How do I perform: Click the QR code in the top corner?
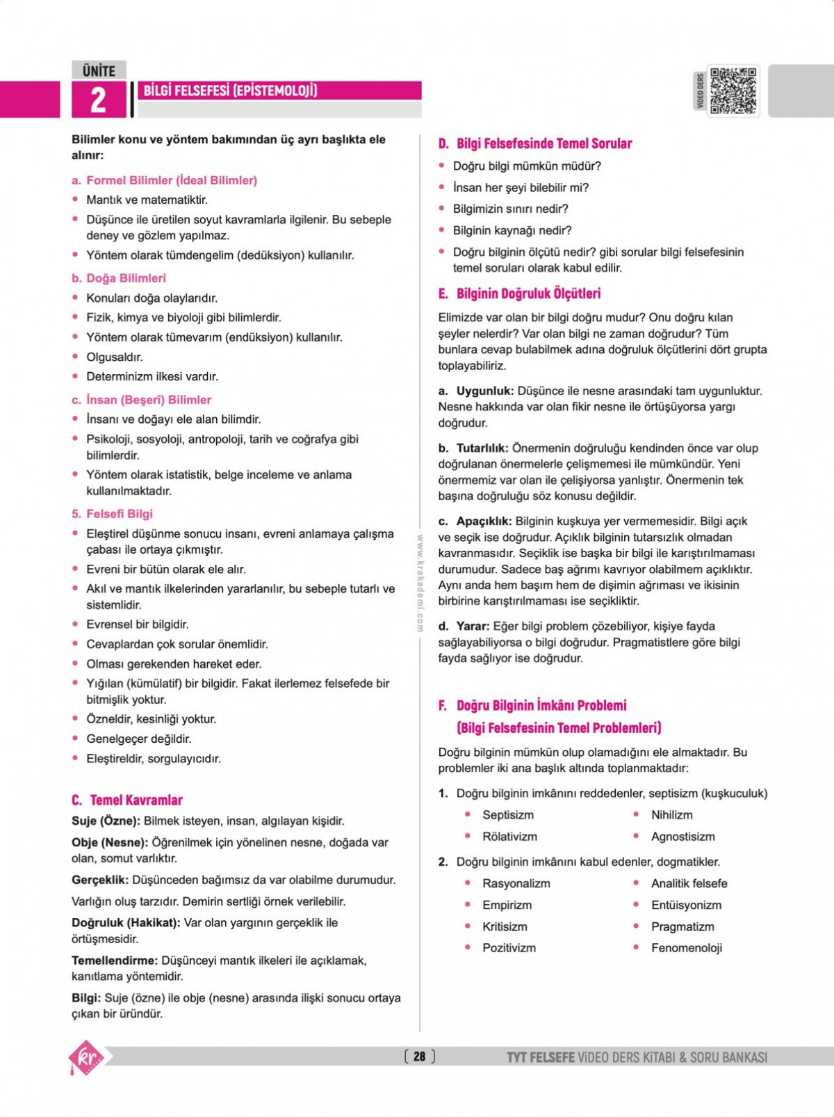tap(733, 90)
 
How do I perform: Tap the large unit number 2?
tap(98, 100)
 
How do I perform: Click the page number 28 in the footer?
tap(419, 1056)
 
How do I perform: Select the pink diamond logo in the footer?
tap(86, 1057)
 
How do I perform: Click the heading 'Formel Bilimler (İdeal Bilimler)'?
tap(171, 180)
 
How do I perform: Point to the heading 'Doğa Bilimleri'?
tap(126, 278)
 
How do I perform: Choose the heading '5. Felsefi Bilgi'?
tap(112, 514)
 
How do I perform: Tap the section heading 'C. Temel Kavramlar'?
tap(127, 800)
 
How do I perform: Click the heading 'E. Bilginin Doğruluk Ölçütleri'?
tap(519, 294)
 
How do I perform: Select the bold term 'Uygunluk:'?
tap(484, 391)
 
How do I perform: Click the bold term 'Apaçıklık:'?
tap(484, 521)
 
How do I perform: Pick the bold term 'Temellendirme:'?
tap(115, 961)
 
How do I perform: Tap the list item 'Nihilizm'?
tap(671, 814)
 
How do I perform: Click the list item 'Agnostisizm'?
tap(682, 836)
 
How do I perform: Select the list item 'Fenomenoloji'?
tap(686, 947)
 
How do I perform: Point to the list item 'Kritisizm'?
tap(505, 926)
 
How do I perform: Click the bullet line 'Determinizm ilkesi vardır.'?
tap(152, 376)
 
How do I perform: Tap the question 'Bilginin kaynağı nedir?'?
tap(512, 230)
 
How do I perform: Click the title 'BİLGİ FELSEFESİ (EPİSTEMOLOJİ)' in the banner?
tap(230, 90)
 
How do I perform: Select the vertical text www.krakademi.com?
tap(420, 583)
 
